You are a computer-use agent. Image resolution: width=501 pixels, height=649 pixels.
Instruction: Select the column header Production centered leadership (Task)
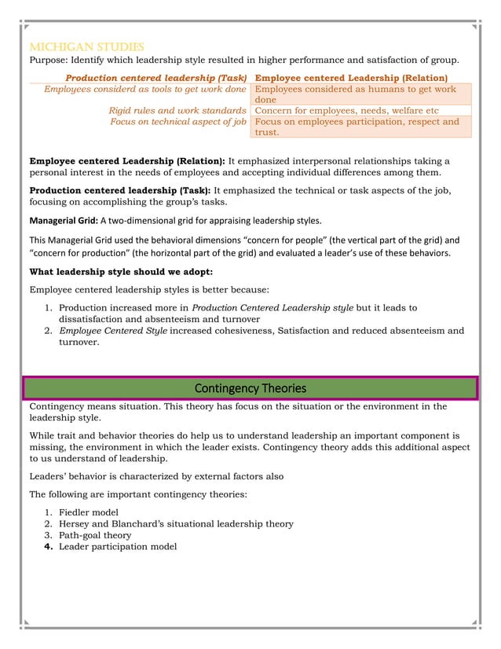pyautogui.click(x=156, y=78)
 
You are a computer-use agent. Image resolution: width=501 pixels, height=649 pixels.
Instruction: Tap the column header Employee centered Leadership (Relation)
pyautogui.click(x=352, y=78)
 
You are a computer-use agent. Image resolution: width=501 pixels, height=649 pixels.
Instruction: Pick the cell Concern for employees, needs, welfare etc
pyautogui.click(x=347, y=111)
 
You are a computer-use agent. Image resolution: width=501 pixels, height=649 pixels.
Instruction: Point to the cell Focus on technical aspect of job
pyautogui.click(x=178, y=122)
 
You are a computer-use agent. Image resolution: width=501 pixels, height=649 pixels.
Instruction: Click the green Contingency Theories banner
pyautogui.click(x=250, y=388)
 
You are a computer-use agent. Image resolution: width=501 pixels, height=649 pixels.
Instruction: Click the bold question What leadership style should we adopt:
pyautogui.click(x=121, y=272)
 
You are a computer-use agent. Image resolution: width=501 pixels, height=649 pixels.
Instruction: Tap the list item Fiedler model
pyautogui.click(x=89, y=512)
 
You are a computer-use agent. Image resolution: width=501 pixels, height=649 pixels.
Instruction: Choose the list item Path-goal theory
pyautogui.click(x=95, y=535)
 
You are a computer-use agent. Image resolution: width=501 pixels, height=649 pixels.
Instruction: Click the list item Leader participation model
pyautogui.click(x=118, y=547)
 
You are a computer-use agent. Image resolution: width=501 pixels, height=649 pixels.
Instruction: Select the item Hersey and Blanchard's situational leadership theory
pyautogui.click(x=176, y=523)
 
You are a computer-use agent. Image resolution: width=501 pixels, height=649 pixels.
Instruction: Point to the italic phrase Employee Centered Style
pyautogui.click(x=111, y=331)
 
